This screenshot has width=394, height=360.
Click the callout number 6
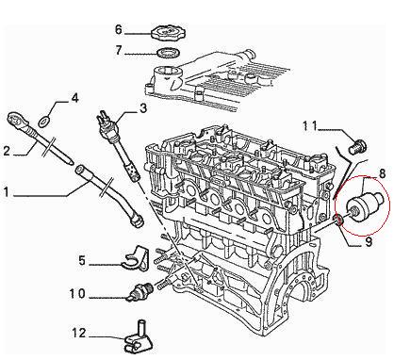[x=119, y=30]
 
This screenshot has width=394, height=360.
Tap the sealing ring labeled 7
[x=168, y=53]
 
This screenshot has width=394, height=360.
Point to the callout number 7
[x=119, y=50]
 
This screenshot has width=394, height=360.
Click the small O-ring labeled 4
[x=45, y=122]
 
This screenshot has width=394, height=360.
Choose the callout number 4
[x=74, y=99]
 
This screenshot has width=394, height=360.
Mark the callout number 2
[x=7, y=151]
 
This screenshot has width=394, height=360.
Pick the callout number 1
[x=6, y=192]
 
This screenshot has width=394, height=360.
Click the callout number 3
[x=143, y=108]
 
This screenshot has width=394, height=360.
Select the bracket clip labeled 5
[x=135, y=258]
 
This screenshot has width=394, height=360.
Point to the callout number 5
[x=82, y=261]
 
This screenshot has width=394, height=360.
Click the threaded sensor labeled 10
[x=140, y=291]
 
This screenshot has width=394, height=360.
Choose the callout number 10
[x=77, y=294]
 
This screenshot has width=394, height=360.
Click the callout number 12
[x=79, y=334]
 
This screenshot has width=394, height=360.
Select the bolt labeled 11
[x=358, y=146]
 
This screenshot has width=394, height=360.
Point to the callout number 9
[x=369, y=241]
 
